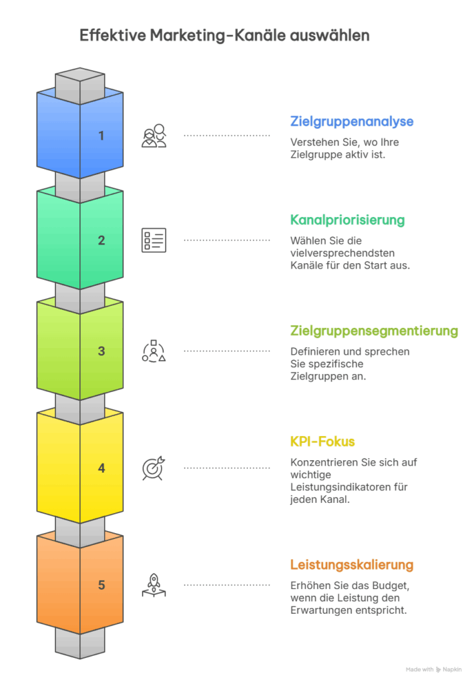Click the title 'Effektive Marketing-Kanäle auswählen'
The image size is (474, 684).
click(x=224, y=35)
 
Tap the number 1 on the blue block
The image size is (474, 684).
click(x=101, y=136)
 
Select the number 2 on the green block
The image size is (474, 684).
click(x=101, y=240)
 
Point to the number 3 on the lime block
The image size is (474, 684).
click(x=101, y=351)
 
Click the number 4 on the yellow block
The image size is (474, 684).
click(x=101, y=468)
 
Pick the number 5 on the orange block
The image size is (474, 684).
click(x=101, y=585)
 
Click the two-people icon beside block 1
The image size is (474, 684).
click(x=154, y=136)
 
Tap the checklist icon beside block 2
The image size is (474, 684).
click(x=154, y=240)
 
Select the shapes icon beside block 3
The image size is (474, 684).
click(x=154, y=351)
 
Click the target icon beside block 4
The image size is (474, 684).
click(x=154, y=468)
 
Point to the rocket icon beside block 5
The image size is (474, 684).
click(x=154, y=585)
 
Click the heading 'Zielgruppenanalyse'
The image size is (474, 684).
click(x=352, y=122)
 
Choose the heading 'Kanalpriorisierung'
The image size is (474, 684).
click(x=347, y=219)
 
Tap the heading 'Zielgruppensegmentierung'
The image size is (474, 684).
click(x=374, y=331)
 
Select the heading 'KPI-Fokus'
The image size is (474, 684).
click(x=322, y=442)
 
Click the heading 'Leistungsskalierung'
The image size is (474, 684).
click(x=352, y=565)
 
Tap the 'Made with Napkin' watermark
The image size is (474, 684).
click(x=434, y=669)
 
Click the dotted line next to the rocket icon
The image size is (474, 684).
click(x=227, y=585)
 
